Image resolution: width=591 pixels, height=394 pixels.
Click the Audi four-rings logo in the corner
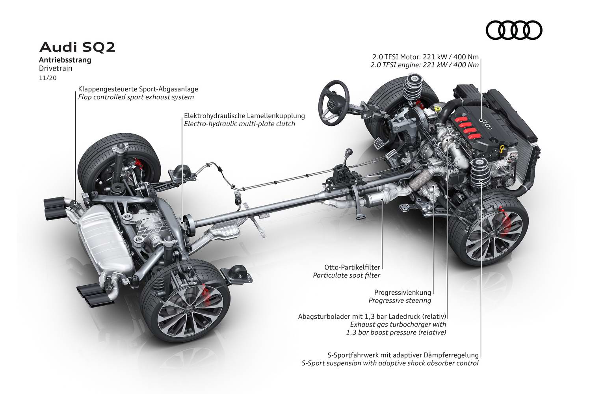click(514, 30)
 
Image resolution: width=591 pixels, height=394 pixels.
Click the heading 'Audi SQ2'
click(77, 48)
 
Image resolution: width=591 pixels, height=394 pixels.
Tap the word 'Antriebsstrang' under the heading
click(65, 60)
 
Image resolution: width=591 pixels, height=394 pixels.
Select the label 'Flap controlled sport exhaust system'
click(136, 97)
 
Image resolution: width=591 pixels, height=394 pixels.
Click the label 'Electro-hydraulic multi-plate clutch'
click(239, 124)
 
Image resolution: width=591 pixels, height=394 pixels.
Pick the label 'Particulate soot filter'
click(346, 275)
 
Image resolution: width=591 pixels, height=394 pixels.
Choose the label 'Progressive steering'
click(400, 301)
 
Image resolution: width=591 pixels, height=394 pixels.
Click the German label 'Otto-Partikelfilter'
click(346, 267)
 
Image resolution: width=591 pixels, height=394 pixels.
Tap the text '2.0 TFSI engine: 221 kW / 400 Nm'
click(424, 65)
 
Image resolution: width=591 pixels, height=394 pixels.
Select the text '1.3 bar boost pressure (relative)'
click(396, 333)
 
